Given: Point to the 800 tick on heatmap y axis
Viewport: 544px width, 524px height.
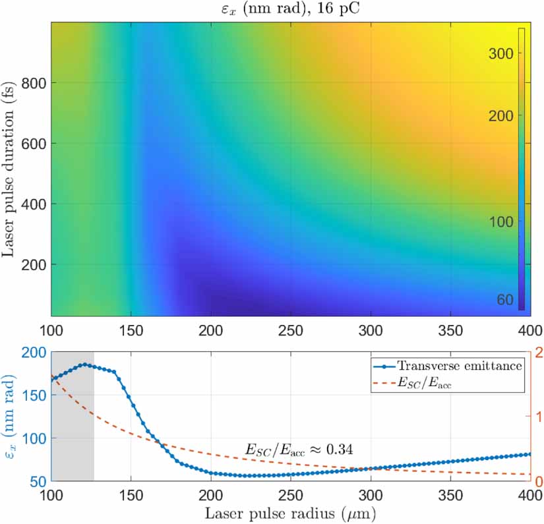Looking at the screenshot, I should [34, 83].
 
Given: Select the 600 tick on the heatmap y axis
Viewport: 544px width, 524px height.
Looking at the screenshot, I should [34, 144].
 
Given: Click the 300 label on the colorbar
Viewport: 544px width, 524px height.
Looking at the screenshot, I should [502, 54].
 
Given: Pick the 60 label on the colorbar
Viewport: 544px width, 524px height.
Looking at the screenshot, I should [506, 300].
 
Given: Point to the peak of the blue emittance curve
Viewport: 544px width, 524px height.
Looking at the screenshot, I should [84, 364].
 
